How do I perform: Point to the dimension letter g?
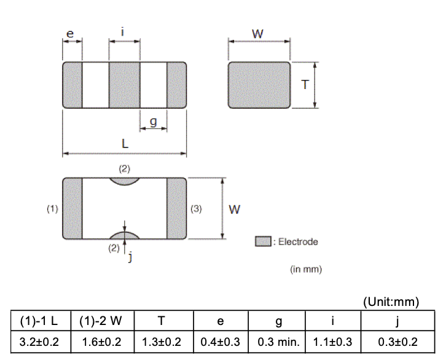point(154,122)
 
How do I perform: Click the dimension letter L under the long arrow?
point(125,144)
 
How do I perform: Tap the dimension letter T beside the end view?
point(305,85)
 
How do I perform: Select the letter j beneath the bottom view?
point(130,258)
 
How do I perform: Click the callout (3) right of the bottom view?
point(196,209)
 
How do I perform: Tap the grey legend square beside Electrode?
point(263,241)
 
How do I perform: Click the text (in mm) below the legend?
point(305,269)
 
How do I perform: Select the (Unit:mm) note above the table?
point(391,302)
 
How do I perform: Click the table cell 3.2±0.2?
point(41,342)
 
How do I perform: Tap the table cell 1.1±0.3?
point(333,342)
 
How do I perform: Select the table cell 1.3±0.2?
point(161,342)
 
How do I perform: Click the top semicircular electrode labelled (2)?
point(125,181)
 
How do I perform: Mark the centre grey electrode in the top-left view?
point(124,85)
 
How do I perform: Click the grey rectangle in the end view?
point(259,85)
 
